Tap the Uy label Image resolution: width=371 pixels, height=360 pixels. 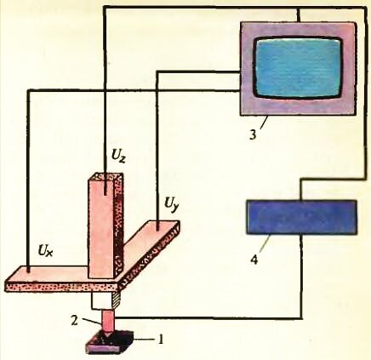coord(172,203)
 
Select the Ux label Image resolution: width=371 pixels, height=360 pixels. coord(45,251)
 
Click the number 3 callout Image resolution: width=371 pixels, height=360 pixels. coord(253,134)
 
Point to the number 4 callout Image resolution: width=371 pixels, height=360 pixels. coord(255,259)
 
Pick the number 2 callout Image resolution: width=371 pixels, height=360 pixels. coord(75,322)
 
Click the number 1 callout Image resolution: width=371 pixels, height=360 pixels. coord(161,340)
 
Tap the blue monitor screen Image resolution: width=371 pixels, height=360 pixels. coord(299,68)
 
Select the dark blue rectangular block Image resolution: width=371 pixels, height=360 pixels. coord(301,217)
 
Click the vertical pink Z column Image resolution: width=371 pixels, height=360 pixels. coord(106,226)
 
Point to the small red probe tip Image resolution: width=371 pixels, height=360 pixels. coord(107,323)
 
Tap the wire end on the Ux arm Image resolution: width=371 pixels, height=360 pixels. coord(28,271)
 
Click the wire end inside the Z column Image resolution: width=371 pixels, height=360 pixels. coord(106,193)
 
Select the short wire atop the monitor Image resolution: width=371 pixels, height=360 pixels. coord(299,14)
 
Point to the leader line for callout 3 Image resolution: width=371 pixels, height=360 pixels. coord(263,123)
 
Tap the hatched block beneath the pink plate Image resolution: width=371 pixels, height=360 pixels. coord(117,300)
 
